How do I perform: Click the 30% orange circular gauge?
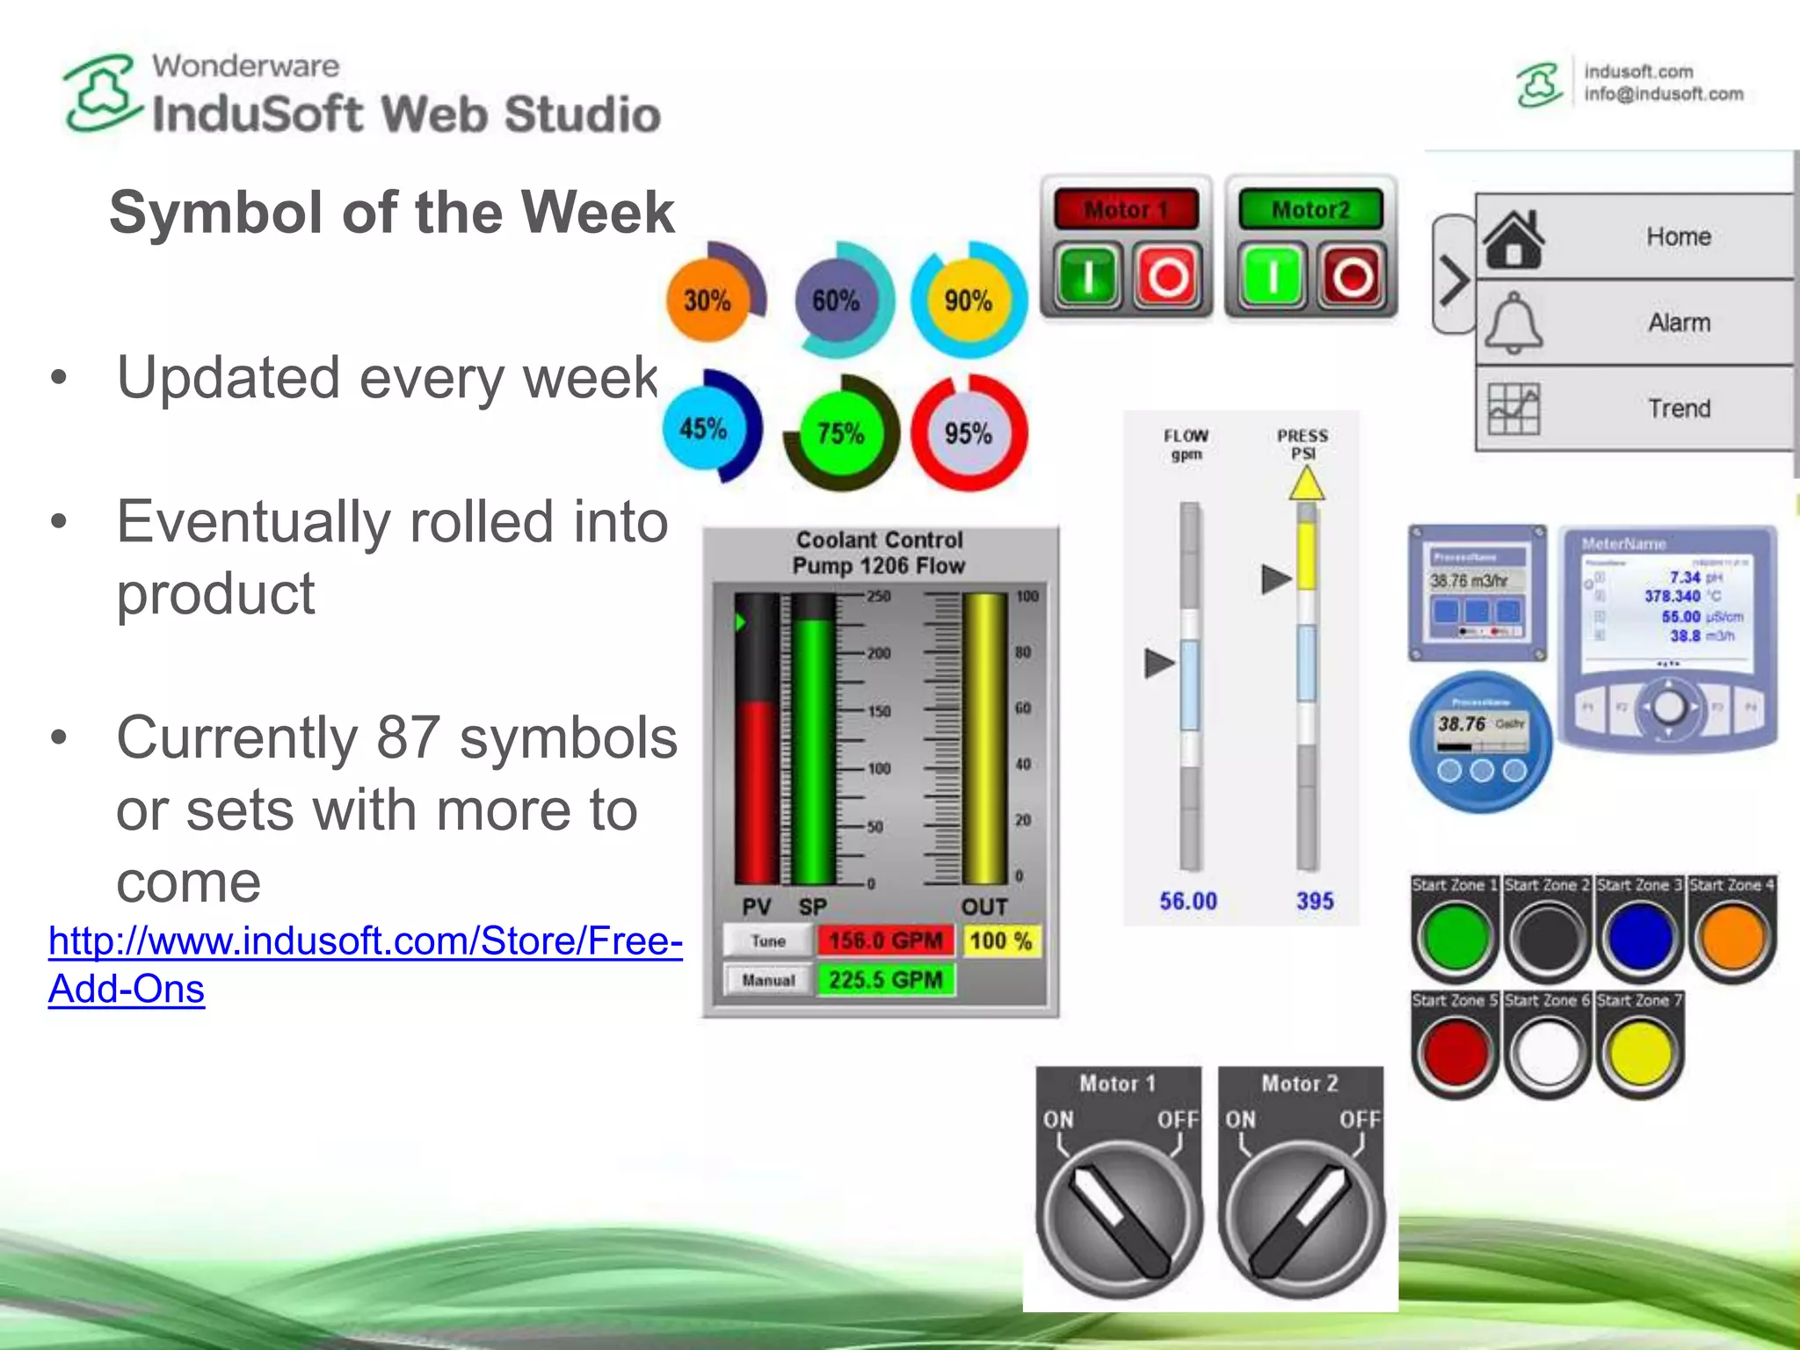click(x=708, y=301)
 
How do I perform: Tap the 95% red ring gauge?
click(x=968, y=432)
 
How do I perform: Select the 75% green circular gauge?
click(x=840, y=432)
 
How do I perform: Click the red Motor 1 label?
click(x=1126, y=209)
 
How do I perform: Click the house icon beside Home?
click(x=1513, y=238)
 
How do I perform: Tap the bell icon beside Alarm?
click(x=1513, y=323)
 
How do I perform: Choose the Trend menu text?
click(x=1679, y=409)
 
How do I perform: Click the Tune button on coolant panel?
click(x=767, y=941)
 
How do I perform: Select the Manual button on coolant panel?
click(x=767, y=980)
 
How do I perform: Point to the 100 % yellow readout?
click(x=1001, y=941)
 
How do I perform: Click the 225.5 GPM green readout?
click(x=885, y=980)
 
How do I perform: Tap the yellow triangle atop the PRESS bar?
click(x=1306, y=484)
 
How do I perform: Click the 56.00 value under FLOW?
click(x=1188, y=901)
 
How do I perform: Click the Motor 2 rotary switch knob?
click(x=1301, y=1217)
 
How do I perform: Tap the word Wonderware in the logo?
click(x=245, y=66)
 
